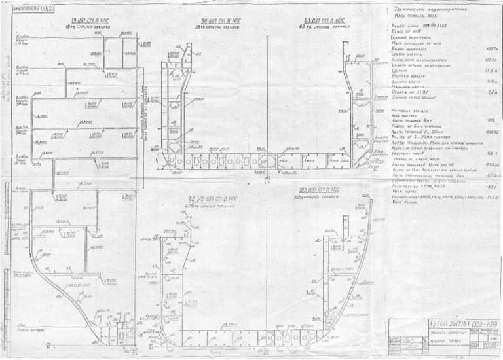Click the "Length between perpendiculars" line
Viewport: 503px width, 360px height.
tap(419, 64)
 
